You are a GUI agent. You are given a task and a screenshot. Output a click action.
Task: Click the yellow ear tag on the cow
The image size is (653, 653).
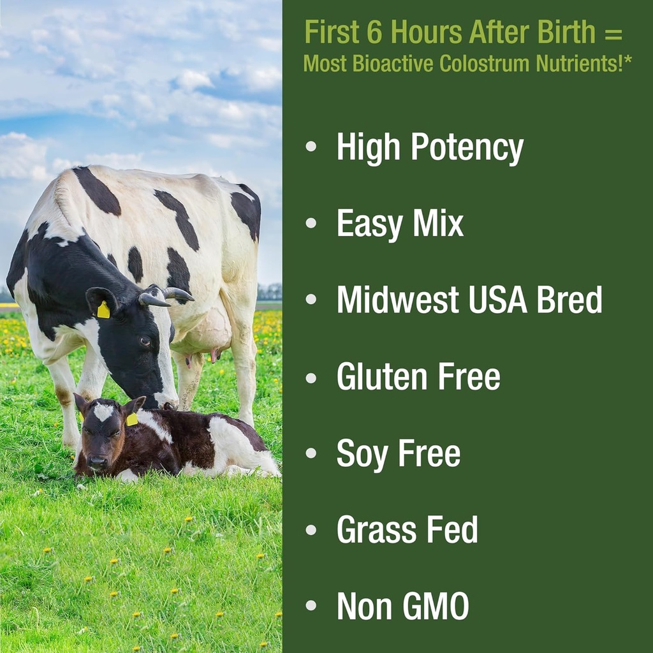pos(103,310)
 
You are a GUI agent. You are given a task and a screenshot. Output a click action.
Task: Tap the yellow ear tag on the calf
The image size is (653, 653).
pos(132,419)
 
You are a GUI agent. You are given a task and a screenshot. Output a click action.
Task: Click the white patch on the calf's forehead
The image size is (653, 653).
pos(103,412)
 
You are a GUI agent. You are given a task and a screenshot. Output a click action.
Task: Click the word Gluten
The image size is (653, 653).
pos(381,376)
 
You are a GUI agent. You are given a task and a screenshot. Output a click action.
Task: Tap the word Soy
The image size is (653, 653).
pos(362,454)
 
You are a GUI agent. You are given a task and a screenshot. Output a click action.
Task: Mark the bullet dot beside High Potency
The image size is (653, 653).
pos(311,147)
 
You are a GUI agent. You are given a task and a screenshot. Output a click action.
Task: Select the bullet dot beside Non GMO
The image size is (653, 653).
pos(311,604)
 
